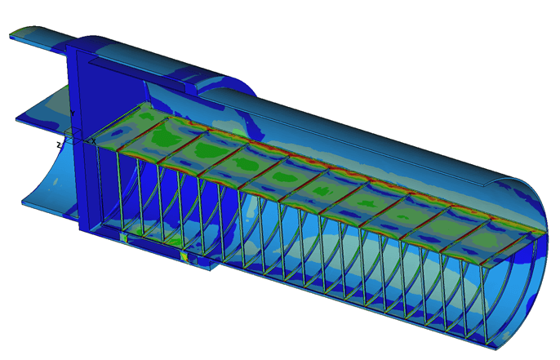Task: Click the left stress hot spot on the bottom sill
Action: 123,237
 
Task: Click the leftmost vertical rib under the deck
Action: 98,188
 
